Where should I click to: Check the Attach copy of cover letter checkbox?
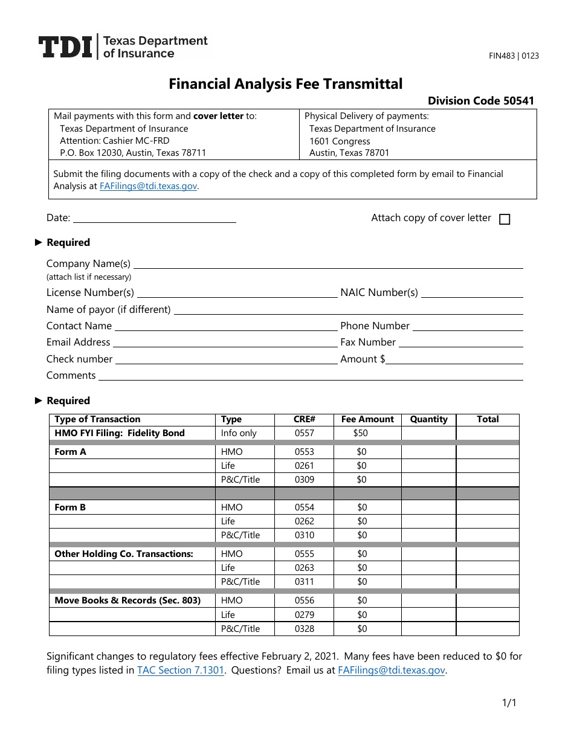tap(505, 219)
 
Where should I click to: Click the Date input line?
tap(154, 218)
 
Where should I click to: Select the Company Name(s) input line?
tap(327, 264)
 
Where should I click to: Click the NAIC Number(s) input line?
tap(472, 293)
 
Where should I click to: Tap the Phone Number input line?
tap(467, 326)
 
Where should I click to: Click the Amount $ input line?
tap(454, 359)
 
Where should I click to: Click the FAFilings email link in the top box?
tap(148, 186)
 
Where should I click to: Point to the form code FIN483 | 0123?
tap(514, 56)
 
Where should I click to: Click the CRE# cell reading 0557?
tap(305, 433)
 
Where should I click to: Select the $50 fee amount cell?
tap(361, 433)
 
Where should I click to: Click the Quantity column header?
tap(428, 419)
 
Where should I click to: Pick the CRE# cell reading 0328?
tap(305, 629)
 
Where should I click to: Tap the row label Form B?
tap(70, 507)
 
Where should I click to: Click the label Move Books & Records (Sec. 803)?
tap(127, 600)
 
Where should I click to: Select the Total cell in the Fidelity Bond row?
tap(487, 433)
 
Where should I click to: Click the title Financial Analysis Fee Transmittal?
tap(285, 84)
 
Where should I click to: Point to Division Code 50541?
tap(481, 101)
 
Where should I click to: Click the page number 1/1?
tap(509, 703)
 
